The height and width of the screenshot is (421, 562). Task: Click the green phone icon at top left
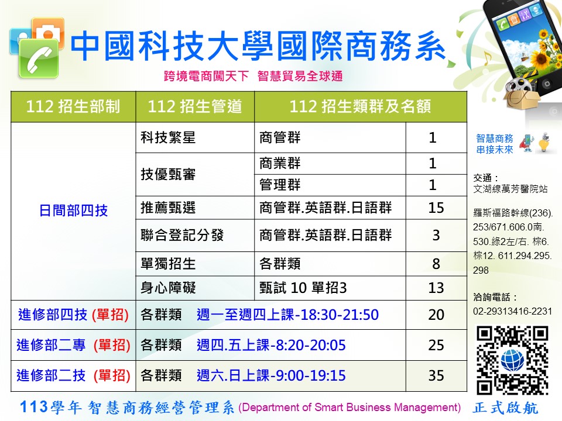click(x=39, y=58)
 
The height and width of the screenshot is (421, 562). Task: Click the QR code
click(x=512, y=360)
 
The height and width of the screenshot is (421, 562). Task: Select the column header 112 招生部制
click(x=73, y=106)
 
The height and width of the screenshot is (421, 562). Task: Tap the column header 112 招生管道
click(x=195, y=106)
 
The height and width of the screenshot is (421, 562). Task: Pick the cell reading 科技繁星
click(x=168, y=137)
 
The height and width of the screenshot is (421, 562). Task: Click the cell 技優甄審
click(x=168, y=174)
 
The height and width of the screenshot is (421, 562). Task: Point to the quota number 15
click(x=436, y=208)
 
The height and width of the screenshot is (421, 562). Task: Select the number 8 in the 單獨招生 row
click(x=436, y=264)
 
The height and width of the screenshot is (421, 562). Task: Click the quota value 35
click(x=436, y=375)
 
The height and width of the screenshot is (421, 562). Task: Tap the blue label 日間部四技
click(x=74, y=210)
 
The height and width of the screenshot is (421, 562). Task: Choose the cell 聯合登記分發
click(x=182, y=235)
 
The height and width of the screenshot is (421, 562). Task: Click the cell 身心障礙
click(x=168, y=288)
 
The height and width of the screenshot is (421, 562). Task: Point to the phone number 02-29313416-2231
click(x=513, y=312)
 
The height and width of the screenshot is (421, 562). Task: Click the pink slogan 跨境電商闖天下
click(x=207, y=76)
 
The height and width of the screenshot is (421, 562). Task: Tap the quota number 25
click(x=436, y=345)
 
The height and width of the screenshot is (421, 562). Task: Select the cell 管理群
click(x=280, y=185)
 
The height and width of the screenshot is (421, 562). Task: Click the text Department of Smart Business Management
click(x=349, y=408)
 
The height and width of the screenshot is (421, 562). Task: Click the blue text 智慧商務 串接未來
click(x=495, y=144)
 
